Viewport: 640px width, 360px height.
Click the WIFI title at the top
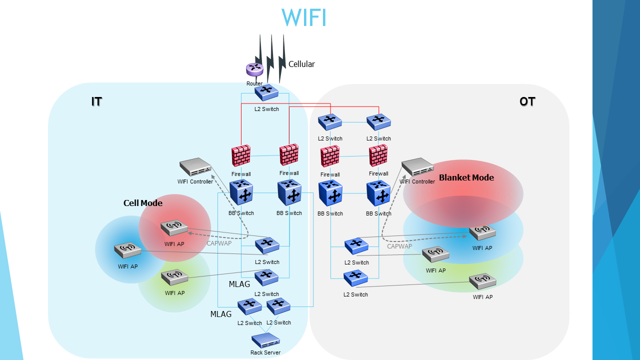click(303, 17)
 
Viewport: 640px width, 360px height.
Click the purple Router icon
click(254, 69)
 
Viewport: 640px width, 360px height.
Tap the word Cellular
click(301, 64)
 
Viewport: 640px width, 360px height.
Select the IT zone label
click(96, 101)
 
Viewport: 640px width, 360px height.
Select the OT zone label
click(527, 101)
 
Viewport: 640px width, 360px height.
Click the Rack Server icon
click(265, 340)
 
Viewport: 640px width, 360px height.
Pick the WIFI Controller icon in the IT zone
click(195, 167)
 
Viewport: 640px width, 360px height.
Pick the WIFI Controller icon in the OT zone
click(417, 167)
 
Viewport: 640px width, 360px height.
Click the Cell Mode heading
click(143, 203)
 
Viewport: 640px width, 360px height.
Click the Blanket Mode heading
click(466, 177)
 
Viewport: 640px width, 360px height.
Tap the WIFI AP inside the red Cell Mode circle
click(174, 228)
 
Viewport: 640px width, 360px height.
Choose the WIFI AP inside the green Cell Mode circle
click(174, 277)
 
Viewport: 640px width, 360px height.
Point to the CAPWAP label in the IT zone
click(219, 243)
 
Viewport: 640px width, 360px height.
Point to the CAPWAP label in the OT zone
click(399, 246)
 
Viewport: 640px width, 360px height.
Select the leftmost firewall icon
click(241, 156)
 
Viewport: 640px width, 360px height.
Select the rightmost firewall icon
click(378, 155)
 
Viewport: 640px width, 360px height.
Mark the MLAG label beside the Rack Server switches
click(221, 314)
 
